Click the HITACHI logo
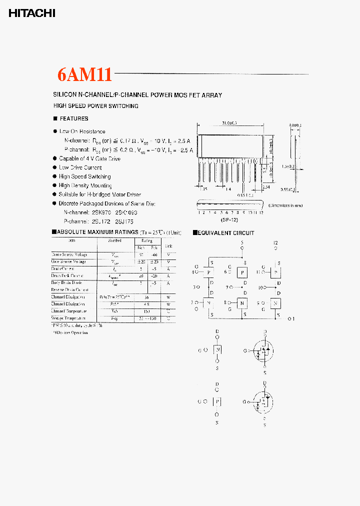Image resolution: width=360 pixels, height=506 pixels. pyautogui.click(x=31, y=14)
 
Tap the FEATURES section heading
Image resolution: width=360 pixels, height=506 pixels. pyautogui.click(x=73, y=118)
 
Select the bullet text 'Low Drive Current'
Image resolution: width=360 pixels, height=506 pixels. pyautogui.click(x=80, y=167)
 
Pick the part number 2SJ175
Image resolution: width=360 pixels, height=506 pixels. pyautogui.click(x=128, y=220)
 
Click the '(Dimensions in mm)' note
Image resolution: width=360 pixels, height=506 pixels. pyautogui.click(x=285, y=205)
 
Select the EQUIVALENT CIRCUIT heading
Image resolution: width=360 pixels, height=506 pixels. pyautogui.click(x=226, y=233)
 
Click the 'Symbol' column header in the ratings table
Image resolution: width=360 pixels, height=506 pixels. pyautogui.click(x=115, y=240)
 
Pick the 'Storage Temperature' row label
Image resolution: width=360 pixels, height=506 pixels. pyautogui.click(x=68, y=318)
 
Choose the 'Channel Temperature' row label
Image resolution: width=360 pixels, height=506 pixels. pyautogui.click(x=68, y=311)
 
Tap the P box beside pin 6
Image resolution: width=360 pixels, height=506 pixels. pyautogui.click(x=242, y=272)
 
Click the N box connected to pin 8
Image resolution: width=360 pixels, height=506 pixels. pyautogui.click(x=242, y=303)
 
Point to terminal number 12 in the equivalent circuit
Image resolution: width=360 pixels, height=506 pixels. pyautogui.click(x=275, y=243)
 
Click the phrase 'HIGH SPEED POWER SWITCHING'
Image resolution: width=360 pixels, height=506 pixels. pyautogui.click(x=95, y=106)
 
